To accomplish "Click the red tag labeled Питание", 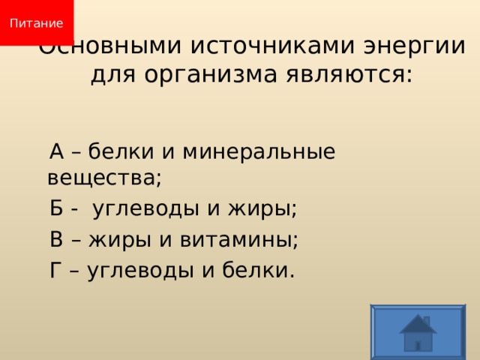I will click(x=36, y=22).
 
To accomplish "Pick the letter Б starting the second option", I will click(x=57, y=208).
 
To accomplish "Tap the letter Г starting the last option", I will click(x=56, y=270).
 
